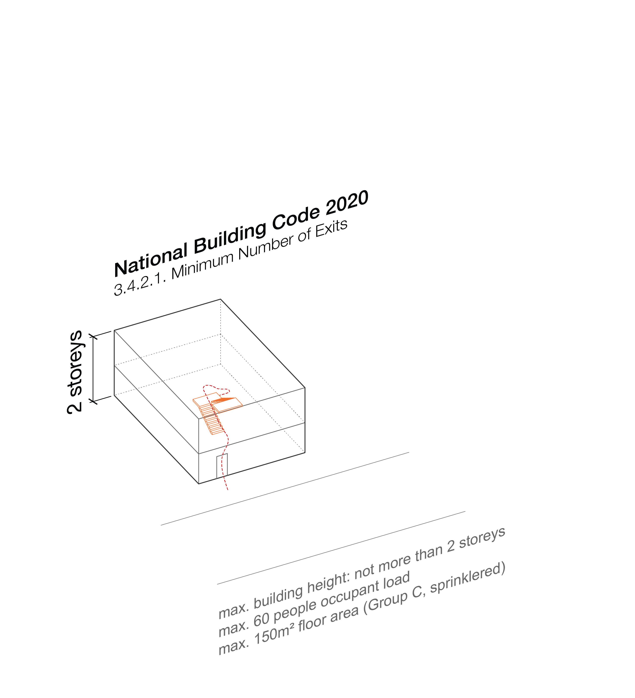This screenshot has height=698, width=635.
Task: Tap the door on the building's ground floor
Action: (222, 466)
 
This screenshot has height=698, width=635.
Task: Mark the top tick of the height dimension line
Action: (93, 336)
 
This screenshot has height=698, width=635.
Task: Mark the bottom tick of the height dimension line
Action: (93, 401)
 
